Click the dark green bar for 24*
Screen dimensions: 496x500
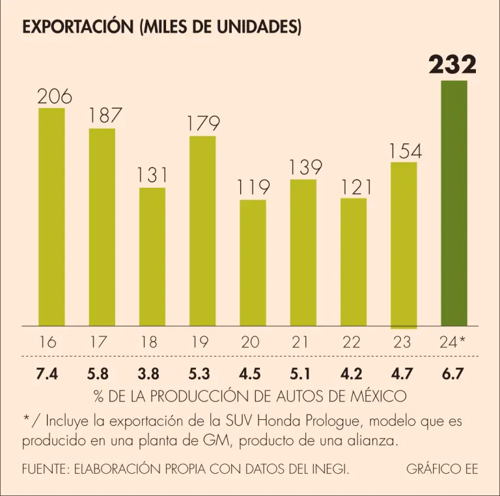[x=454, y=203]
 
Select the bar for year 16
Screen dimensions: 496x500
[x=51, y=216]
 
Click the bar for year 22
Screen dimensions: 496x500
[x=354, y=261]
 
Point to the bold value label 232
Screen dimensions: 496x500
[x=452, y=65]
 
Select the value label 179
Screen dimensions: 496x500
[x=202, y=123]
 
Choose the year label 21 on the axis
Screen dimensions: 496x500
[x=301, y=342]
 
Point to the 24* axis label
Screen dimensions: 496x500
[x=453, y=342]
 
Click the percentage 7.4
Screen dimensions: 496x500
[x=48, y=375]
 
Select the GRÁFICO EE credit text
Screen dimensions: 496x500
[x=442, y=469]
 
